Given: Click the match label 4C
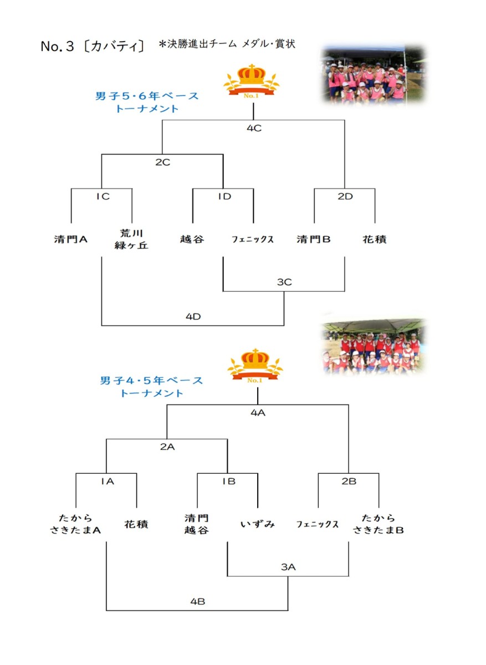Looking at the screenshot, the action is point(254,128).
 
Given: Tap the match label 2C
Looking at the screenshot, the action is point(163,162).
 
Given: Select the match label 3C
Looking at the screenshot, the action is point(284,282).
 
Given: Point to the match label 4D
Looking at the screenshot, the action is point(193,317).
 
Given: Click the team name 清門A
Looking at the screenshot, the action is point(71,239).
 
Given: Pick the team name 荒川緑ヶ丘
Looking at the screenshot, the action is point(131,239).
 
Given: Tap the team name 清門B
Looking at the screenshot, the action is point(314,239).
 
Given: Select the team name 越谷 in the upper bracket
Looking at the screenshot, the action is point(192,239).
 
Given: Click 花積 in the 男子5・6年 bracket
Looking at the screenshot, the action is point(375,239).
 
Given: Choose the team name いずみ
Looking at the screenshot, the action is point(257,524).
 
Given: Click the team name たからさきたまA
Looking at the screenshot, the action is point(75,524).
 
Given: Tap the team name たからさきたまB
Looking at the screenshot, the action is point(378,524).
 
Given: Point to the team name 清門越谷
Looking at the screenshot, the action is point(196,524).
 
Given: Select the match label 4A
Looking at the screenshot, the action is point(258,413).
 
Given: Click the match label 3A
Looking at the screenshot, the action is point(288,567).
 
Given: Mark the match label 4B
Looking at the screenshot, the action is point(197,601).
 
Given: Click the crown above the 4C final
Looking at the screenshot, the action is point(252,81).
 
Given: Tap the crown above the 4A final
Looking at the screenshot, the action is point(255,366).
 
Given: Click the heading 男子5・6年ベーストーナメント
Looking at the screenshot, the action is point(147,102).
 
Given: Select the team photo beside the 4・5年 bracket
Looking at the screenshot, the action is point(374,346).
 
